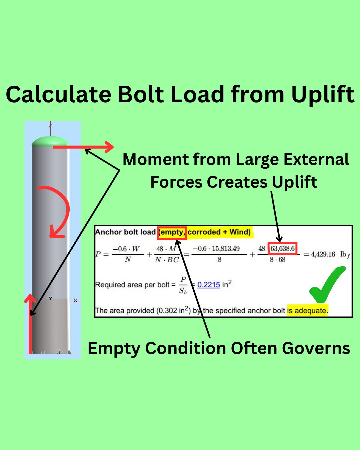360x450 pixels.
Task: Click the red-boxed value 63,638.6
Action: [x=282, y=249]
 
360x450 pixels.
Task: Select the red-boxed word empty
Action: [x=172, y=232]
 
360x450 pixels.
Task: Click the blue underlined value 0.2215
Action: [x=209, y=285]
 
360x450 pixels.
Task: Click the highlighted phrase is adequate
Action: [x=307, y=311]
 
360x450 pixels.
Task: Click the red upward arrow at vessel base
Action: [x=30, y=323]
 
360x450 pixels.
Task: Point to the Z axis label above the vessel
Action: [x=51, y=126]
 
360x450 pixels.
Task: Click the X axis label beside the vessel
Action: [x=76, y=300]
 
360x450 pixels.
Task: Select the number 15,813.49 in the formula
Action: [x=226, y=249]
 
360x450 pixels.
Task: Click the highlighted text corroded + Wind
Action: [x=219, y=232]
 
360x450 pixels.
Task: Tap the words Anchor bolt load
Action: [x=125, y=232]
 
